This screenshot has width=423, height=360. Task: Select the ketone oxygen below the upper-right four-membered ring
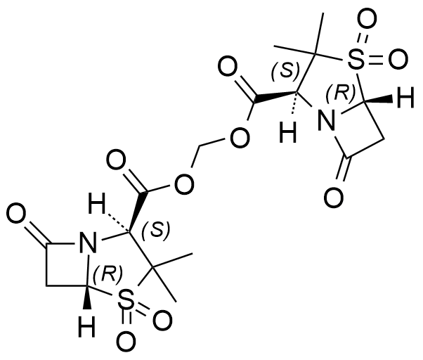tap(334, 198)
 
